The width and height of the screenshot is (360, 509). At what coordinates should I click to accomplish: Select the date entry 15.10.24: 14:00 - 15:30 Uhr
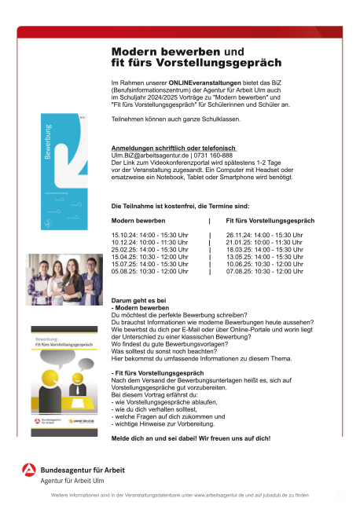click(x=150, y=235)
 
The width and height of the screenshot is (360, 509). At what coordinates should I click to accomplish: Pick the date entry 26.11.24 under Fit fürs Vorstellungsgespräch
click(x=264, y=235)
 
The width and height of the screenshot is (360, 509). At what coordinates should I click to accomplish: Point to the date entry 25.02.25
click(x=150, y=250)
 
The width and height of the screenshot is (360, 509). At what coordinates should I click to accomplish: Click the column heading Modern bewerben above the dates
click(x=139, y=221)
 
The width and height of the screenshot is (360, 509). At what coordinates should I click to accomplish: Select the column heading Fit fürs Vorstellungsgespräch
click(x=270, y=221)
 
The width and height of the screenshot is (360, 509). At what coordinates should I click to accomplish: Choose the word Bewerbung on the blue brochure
click(x=48, y=141)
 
